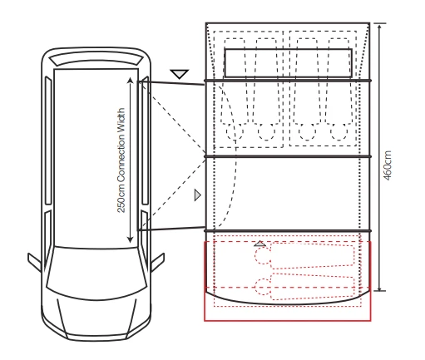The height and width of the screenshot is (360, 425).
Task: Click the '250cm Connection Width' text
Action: point(121,160)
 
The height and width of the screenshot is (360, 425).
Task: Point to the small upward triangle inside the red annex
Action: point(260,244)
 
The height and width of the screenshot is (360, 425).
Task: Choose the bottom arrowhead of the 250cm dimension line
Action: point(131,242)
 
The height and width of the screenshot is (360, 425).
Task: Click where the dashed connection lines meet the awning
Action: point(207,155)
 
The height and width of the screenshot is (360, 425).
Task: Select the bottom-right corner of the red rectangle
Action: point(370,318)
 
